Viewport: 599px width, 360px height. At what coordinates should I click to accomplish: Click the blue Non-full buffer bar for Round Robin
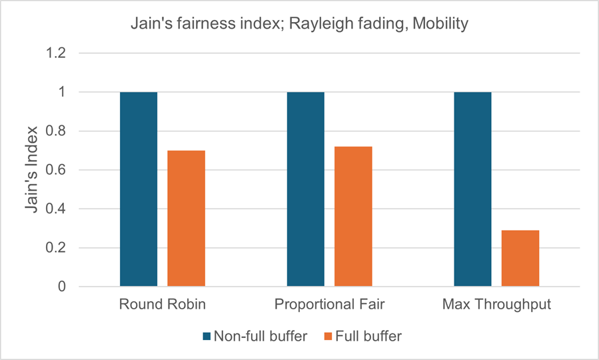139,189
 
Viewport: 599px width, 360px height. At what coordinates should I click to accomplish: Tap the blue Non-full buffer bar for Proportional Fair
305,189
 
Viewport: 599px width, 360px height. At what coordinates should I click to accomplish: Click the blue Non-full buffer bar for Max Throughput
472,189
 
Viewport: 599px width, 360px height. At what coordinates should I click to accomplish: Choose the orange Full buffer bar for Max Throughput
520,259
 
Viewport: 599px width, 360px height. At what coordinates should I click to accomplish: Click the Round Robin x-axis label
162,305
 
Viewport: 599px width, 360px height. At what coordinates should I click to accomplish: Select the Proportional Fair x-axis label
329,305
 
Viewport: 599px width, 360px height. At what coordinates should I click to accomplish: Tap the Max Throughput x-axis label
496,305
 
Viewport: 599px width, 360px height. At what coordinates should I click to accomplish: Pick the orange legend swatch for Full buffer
327,336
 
